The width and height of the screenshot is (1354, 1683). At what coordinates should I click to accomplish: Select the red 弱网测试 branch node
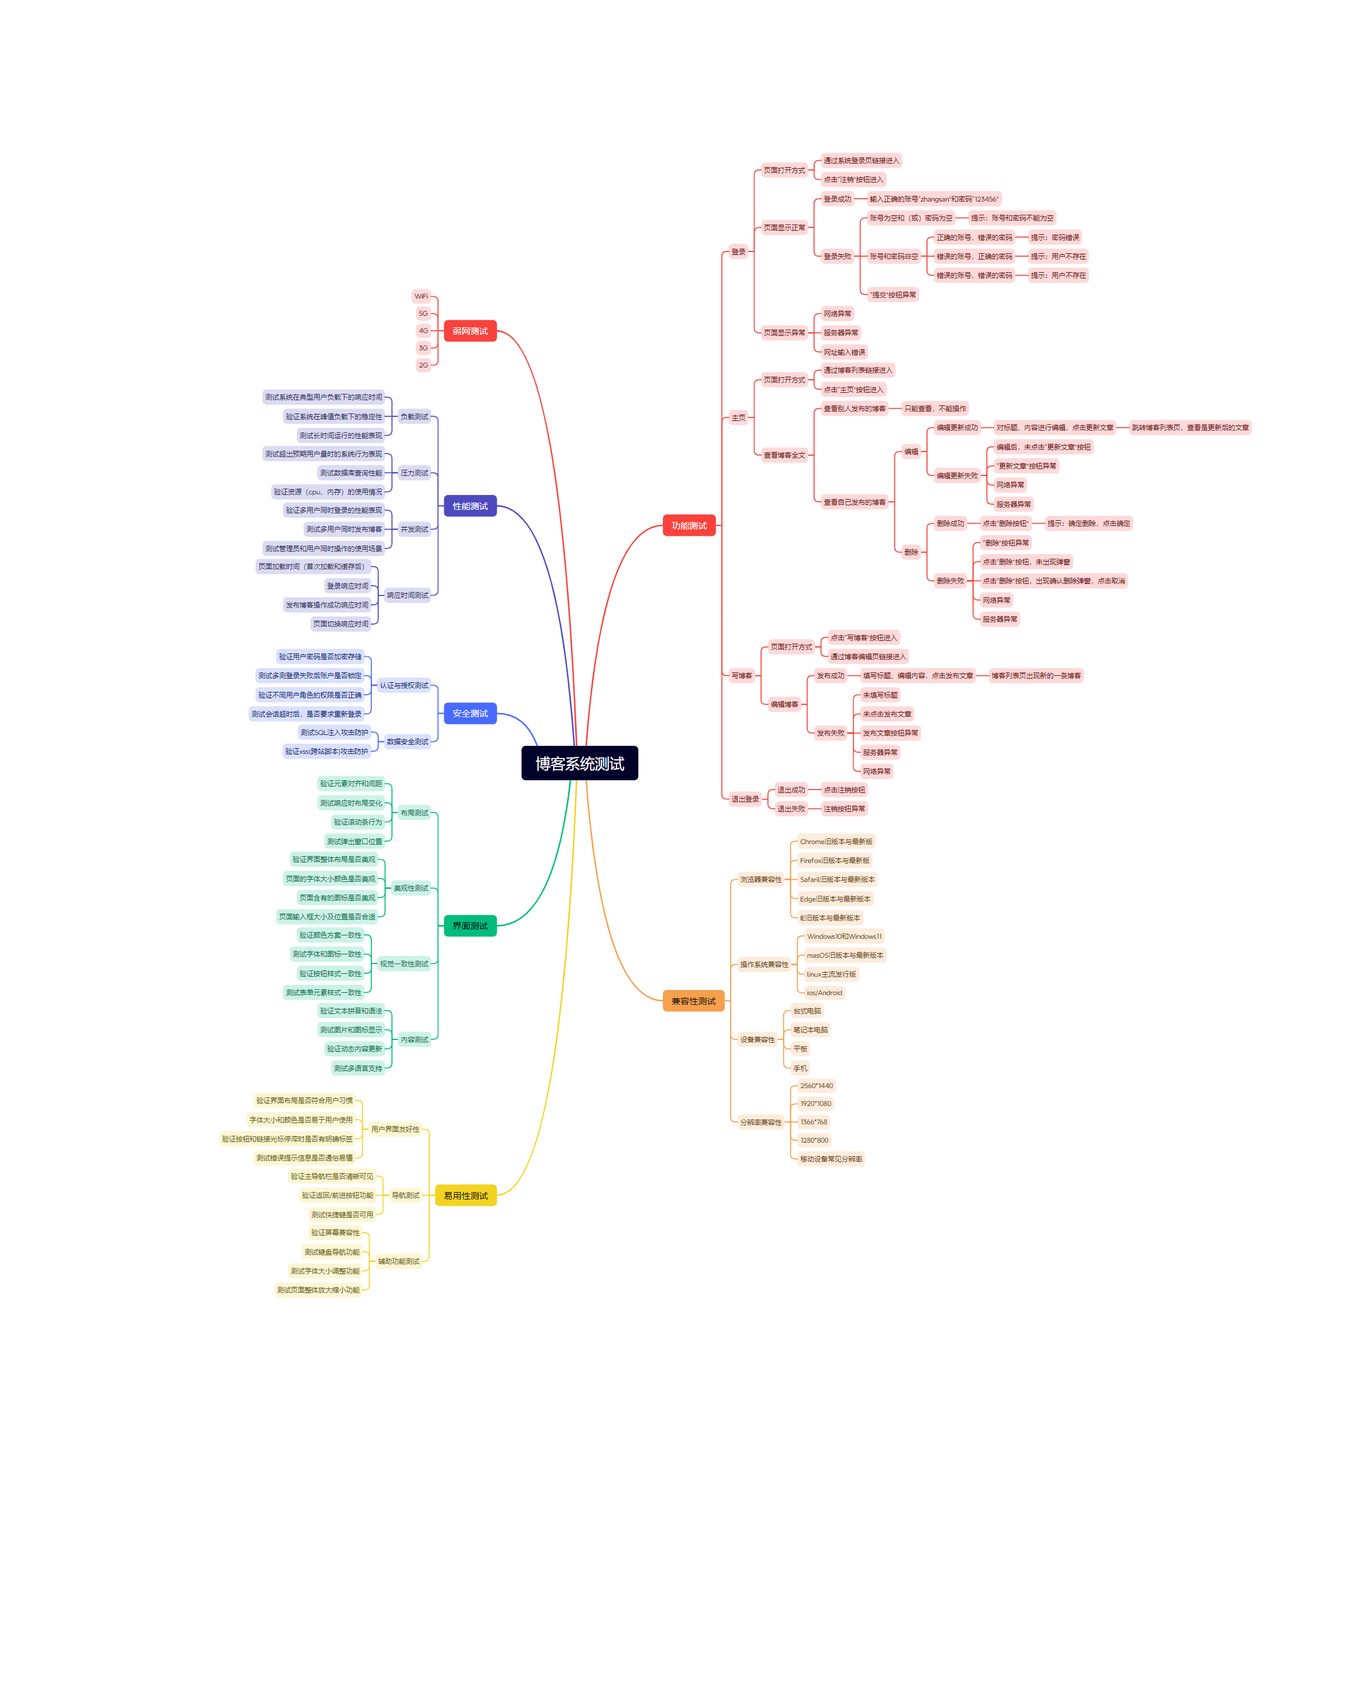point(470,331)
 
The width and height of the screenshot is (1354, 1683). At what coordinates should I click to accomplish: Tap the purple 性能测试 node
point(470,506)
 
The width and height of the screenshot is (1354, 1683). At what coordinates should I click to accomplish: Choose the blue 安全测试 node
point(470,714)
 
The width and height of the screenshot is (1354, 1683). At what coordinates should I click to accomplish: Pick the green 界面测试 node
point(470,926)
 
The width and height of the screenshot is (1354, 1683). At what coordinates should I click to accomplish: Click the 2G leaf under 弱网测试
point(423,365)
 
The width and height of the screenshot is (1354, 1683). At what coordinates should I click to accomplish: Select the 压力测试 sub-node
point(414,473)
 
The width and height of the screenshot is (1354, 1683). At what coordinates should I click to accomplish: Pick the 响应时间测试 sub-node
point(408,595)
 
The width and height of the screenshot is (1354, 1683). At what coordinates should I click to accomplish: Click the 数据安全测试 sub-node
point(408,741)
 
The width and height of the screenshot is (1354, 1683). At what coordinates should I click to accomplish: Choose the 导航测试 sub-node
point(405,1195)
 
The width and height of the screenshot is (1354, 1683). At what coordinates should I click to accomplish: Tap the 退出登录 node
point(744,799)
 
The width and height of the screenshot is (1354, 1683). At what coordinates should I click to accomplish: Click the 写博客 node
point(742,675)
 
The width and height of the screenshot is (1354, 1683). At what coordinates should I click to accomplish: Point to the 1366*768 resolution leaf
point(813,1122)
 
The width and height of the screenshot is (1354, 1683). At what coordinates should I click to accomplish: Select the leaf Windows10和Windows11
point(844,936)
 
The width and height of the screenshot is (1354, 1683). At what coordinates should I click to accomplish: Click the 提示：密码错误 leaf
point(1054,237)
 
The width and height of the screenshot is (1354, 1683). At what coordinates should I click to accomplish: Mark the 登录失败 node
point(837,256)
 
